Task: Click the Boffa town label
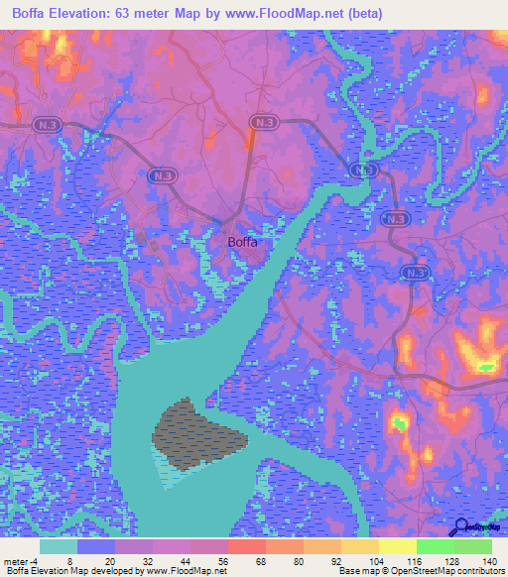click(x=242, y=242)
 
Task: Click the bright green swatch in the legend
click(x=436, y=546)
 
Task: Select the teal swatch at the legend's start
click(x=59, y=546)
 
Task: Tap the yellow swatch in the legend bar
click(x=397, y=546)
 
